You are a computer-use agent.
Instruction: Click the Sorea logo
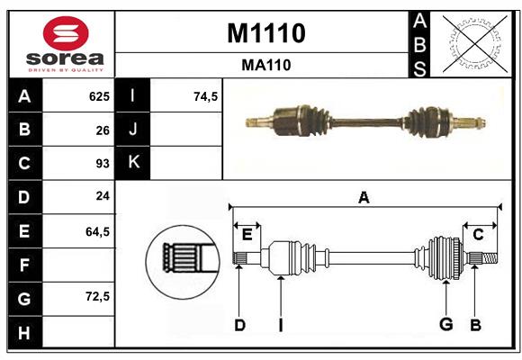tap(61, 44)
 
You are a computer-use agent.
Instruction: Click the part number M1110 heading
tap(265, 33)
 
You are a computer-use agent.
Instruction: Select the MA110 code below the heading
tap(265, 65)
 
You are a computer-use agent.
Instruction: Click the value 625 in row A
tap(98, 96)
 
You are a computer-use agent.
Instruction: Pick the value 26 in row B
tap(102, 130)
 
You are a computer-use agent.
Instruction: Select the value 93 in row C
tap(102, 164)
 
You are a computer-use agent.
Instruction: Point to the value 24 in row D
tap(102, 197)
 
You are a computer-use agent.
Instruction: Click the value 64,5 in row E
tap(97, 231)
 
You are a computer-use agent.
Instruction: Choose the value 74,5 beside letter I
tap(206, 96)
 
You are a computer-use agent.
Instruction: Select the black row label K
tap(133, 164)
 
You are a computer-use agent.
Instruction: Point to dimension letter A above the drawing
tap(364, 198)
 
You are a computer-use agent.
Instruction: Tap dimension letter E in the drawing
tap(247, 234)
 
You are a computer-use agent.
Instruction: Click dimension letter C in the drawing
tap(479, 234)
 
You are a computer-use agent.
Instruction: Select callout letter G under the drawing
tap(445, 325)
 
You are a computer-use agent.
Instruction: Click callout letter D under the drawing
tap(239, 325)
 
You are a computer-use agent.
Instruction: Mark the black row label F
tap(23, 265)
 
